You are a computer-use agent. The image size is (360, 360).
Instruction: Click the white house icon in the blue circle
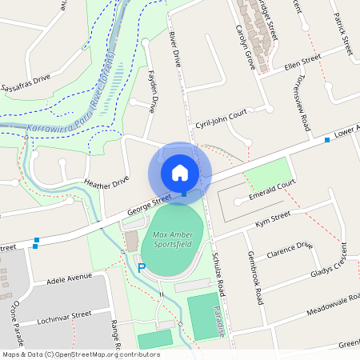180,172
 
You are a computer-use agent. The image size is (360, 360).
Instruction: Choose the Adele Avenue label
70,280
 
